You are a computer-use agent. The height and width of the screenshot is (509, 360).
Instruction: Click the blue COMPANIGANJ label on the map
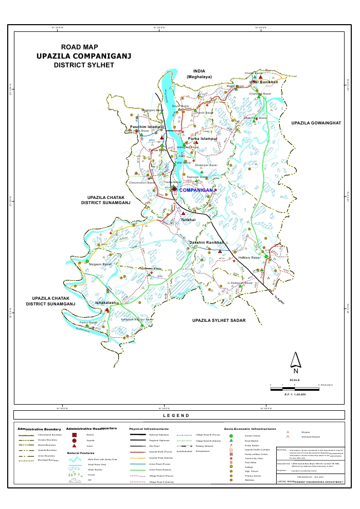click(x=196, y=190)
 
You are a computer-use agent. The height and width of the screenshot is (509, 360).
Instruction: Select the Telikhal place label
click(x=188, y=220)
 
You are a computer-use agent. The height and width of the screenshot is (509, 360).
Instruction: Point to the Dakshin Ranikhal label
click(x=207, y=242)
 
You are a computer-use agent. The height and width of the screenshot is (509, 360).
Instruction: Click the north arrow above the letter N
click(x=295, y=359)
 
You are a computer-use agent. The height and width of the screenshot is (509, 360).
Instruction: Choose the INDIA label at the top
click(x=199, y=71)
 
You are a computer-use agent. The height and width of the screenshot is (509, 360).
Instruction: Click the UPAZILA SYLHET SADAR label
click(x=219, y=320)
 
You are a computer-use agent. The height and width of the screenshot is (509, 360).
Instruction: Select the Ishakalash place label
click(x=106, y=303)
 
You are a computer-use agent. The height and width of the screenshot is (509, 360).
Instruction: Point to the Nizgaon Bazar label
click(x=100, y=264)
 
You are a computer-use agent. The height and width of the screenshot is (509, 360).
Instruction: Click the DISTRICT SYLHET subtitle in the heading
click(x=84, y=66)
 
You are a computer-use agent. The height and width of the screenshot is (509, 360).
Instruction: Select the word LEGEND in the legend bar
click(x=176, y=415)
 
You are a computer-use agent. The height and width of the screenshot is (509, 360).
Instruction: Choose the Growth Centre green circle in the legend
click(x=231, y=435)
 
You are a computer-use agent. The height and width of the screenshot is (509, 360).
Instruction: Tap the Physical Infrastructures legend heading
click(x=149, y=428)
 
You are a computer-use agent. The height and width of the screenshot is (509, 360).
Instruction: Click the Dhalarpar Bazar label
click(x=206, y=165)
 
